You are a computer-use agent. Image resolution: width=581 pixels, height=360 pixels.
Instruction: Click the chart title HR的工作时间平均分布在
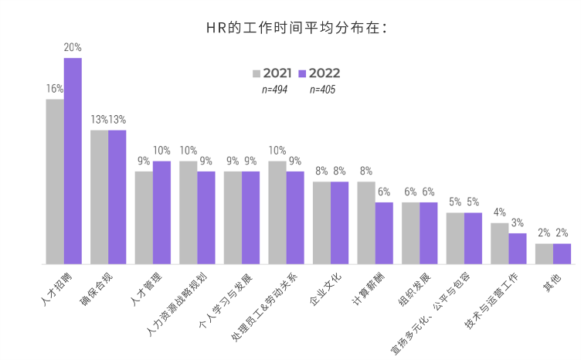[x=290, y=29]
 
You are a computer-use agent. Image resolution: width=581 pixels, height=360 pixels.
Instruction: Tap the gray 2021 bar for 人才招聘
[x=55, y=182]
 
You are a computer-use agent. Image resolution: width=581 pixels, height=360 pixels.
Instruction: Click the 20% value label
[x=73, y=48]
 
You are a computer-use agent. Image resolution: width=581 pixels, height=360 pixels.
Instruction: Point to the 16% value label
[x=55, y=89]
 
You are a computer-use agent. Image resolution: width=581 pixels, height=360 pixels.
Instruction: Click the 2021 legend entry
[x=271, y=73]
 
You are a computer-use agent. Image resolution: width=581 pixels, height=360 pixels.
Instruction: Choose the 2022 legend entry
[x=318, y=73]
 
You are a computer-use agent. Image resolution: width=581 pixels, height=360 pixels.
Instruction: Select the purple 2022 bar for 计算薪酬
[x=384, y=233]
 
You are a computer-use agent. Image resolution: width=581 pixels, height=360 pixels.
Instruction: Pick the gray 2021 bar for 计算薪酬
[x=366, y=222]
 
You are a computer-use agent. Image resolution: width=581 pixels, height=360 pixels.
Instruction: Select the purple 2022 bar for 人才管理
[x=161, y=212]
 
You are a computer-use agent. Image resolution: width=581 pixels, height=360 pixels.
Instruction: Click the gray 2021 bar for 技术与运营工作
[x=500, y=243]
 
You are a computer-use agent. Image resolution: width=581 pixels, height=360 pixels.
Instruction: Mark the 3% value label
[x=518, y=222]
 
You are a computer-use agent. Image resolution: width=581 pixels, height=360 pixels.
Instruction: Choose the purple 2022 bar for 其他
[x=562, y=254]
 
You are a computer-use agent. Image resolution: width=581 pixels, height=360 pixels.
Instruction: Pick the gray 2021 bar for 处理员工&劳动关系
[x=277, y=212]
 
